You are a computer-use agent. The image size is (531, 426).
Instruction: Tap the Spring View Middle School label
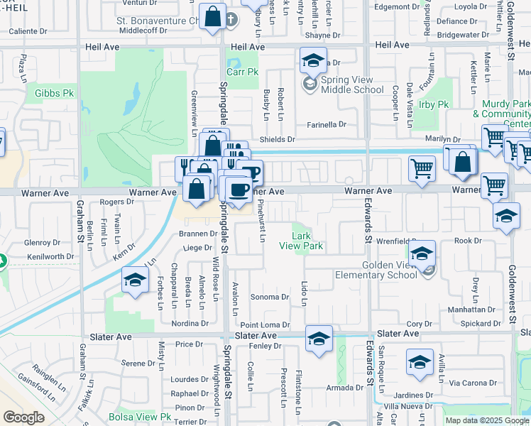[352, 84]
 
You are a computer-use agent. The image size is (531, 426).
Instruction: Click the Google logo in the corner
[23, 418]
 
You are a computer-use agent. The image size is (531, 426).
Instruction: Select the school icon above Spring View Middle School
[312, 61]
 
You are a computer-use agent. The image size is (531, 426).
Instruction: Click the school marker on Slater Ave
[319, 339]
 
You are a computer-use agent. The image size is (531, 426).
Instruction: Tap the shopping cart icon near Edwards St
[422, 170]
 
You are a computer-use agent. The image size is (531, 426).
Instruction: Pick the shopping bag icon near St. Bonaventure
[213, 17]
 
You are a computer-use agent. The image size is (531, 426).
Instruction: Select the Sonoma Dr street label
[270, 297]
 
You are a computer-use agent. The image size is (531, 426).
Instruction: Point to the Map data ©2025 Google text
[486, 420]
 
